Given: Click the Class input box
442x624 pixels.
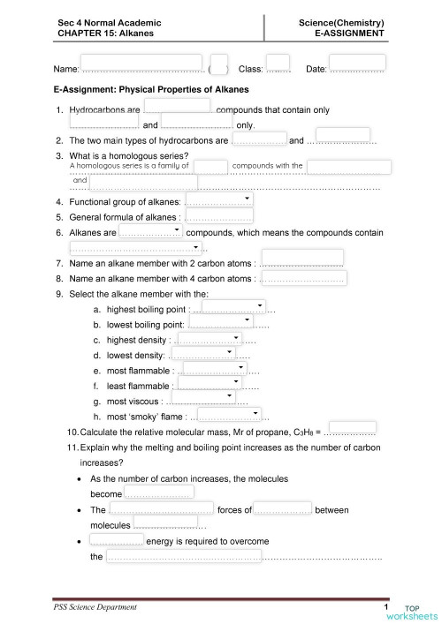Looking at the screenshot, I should (x=278, y=62).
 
